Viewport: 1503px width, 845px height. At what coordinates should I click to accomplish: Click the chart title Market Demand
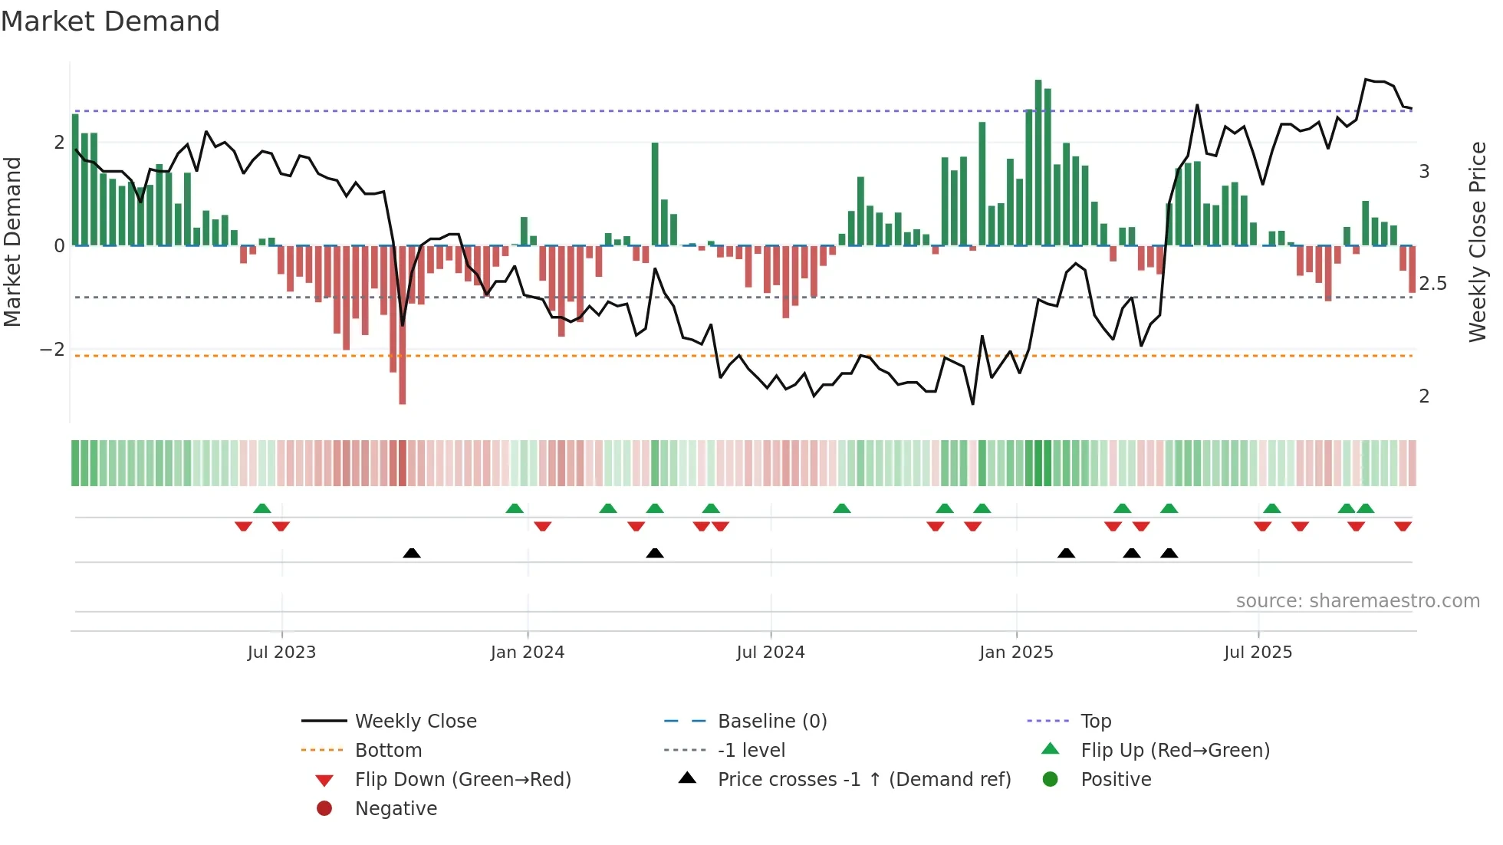[x=110, y=21]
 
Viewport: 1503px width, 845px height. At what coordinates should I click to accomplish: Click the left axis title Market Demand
[x=13, y=242]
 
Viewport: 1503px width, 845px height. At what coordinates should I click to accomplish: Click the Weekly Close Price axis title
[x=1477, y=242]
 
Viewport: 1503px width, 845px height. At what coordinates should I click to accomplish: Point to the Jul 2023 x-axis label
[x=281, y=653]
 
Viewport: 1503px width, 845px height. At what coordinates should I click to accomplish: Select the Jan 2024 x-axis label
[x=528, y=653]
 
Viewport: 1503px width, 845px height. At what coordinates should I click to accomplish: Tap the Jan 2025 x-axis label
[x=1016, y=653]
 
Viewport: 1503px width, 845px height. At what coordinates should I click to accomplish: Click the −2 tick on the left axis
[x=53, y=350]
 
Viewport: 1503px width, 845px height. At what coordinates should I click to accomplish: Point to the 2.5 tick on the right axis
[x=1432, y=284]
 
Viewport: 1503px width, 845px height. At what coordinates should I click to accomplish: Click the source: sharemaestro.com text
[x=1357, y=601]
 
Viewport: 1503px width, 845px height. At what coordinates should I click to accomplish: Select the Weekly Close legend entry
[x=415, y=722]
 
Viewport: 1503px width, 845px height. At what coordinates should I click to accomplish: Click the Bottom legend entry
[x=388, y=751]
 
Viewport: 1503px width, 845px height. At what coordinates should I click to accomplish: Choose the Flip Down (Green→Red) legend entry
[x=462, y=780]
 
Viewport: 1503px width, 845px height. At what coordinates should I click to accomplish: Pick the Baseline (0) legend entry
[x=771, y=722]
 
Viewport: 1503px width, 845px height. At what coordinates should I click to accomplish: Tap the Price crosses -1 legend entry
[x=863, y=780]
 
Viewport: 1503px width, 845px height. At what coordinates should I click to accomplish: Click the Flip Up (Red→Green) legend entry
[x=1175, y=751]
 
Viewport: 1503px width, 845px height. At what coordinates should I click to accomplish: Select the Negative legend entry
[x=396, y=809]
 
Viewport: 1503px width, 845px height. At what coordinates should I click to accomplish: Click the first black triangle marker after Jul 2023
[x=412, y=554]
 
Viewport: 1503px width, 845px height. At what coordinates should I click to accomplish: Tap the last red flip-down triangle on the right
[x=1403, y=527]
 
